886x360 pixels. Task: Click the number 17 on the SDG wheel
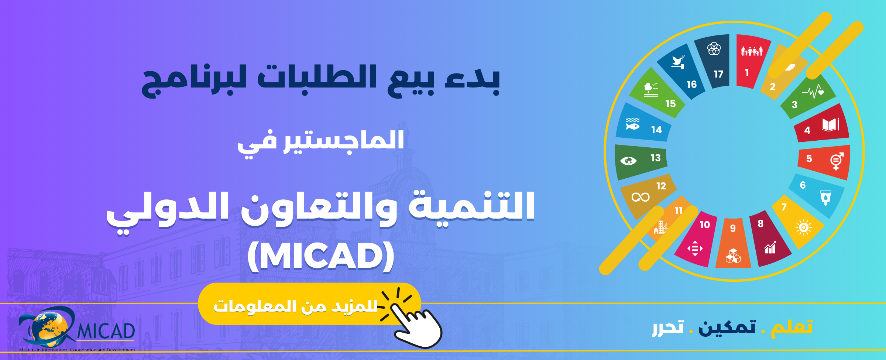point(718,74)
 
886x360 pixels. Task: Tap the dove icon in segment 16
point(678,62)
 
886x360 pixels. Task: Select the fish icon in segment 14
point(632,124)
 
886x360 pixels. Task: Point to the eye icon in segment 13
point(628,161)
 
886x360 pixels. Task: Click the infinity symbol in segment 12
point(641,197)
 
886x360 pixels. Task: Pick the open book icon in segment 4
point(831,124)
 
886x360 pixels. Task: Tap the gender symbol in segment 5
point(837,161)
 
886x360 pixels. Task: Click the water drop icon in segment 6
point(826,198)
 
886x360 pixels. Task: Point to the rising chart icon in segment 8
point(770,247)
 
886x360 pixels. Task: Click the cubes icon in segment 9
point(733,256)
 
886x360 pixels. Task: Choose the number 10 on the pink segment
point(705,224)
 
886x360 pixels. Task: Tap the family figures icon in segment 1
point(752,51)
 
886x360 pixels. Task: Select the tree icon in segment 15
point(651,90)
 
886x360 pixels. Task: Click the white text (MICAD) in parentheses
point(321,256)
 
